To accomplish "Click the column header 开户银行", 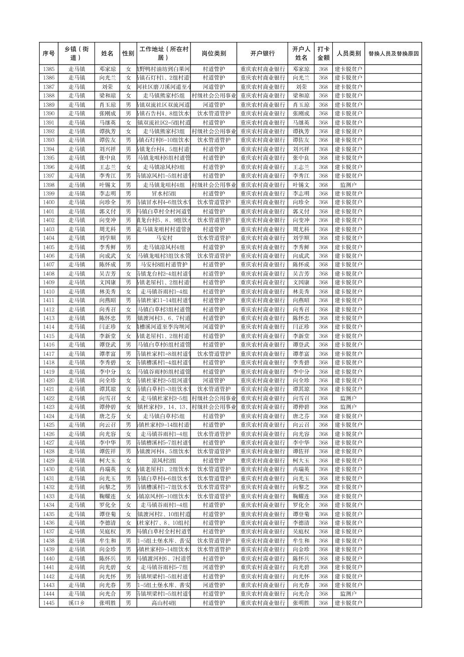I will (262, 54).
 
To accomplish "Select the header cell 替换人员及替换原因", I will (393, 54).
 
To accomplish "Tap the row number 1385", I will (49, 69).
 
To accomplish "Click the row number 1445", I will (49, 603).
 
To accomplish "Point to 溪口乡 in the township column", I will (77, 603).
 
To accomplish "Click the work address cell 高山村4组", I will (163, 603).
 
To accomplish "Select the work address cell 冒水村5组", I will (163, 194).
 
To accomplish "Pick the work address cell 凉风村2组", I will (163, 461).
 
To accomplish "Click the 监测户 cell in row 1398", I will (348, 185).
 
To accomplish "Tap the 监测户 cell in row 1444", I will (348, 594).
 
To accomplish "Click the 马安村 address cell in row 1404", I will (163, 238).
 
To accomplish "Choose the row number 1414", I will (49, 327).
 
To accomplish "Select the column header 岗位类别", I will (213, 54).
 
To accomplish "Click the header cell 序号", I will (49, 54).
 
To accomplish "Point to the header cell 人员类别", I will (348, 54).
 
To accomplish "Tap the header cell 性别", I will (128, 54).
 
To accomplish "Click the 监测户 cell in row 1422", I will (348, 398).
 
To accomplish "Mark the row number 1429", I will (49, 461).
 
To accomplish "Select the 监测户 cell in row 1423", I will (348, 407).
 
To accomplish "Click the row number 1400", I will (49, 203).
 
